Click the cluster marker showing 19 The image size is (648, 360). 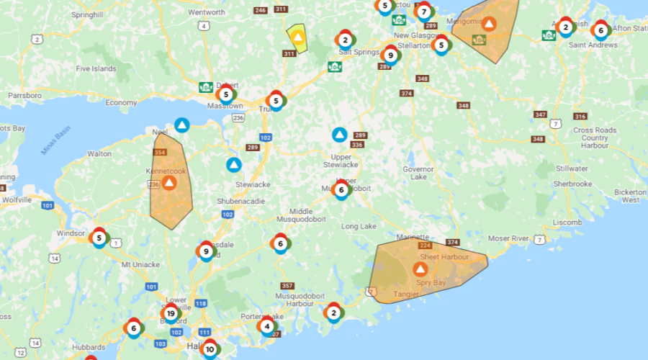[x=171, y=313]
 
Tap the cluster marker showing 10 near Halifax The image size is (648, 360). [x=210, y=350]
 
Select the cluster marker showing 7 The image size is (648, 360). [x=423, y=12]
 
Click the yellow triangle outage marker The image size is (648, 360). [x=297, y=37]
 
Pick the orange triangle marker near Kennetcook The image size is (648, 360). [x=169, y=183]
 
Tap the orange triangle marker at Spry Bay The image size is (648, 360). [x=420, y=269]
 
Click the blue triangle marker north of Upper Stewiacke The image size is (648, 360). [x=339, y=135]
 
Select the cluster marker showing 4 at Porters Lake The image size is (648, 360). [x=267, y=325]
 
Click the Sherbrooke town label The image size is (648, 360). [x=572, y=184]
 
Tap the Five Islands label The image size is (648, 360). [x=96, y=69]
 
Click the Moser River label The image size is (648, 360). [x=508, y=238]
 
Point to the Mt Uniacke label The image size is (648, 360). [x=140, y=265]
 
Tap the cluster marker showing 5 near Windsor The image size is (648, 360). [x=99, y=238]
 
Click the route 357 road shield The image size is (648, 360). [x=287, y=286]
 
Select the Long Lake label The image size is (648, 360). [x=359, y=226]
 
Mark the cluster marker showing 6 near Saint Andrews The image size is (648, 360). [x=600, y=30]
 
